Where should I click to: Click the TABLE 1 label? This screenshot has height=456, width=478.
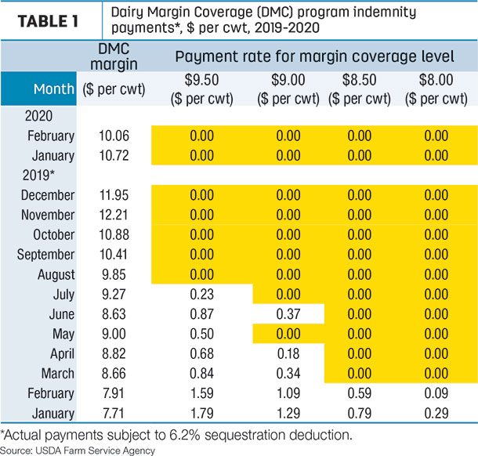48,21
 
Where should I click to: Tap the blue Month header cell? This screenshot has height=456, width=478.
38,89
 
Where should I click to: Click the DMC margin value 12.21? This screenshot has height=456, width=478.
114,215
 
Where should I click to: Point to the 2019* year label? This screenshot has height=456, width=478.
38,176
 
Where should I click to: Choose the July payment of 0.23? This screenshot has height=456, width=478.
202,295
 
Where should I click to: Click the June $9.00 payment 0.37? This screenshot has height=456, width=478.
288,314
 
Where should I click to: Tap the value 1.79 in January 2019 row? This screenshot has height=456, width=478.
202,414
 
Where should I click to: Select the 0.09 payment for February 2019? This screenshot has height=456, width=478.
436,393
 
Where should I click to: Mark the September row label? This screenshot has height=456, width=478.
45,255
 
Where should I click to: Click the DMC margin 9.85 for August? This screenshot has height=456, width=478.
114,275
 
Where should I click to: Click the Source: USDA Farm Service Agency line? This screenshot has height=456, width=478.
78,451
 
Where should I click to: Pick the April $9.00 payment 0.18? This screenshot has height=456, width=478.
288,354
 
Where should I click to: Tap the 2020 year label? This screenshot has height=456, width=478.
38,116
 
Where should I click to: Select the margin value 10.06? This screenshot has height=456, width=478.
114,136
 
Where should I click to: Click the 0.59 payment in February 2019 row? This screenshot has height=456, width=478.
360,393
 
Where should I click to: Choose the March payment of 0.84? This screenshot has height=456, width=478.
202,374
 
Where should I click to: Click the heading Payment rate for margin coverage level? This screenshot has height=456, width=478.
314,56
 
